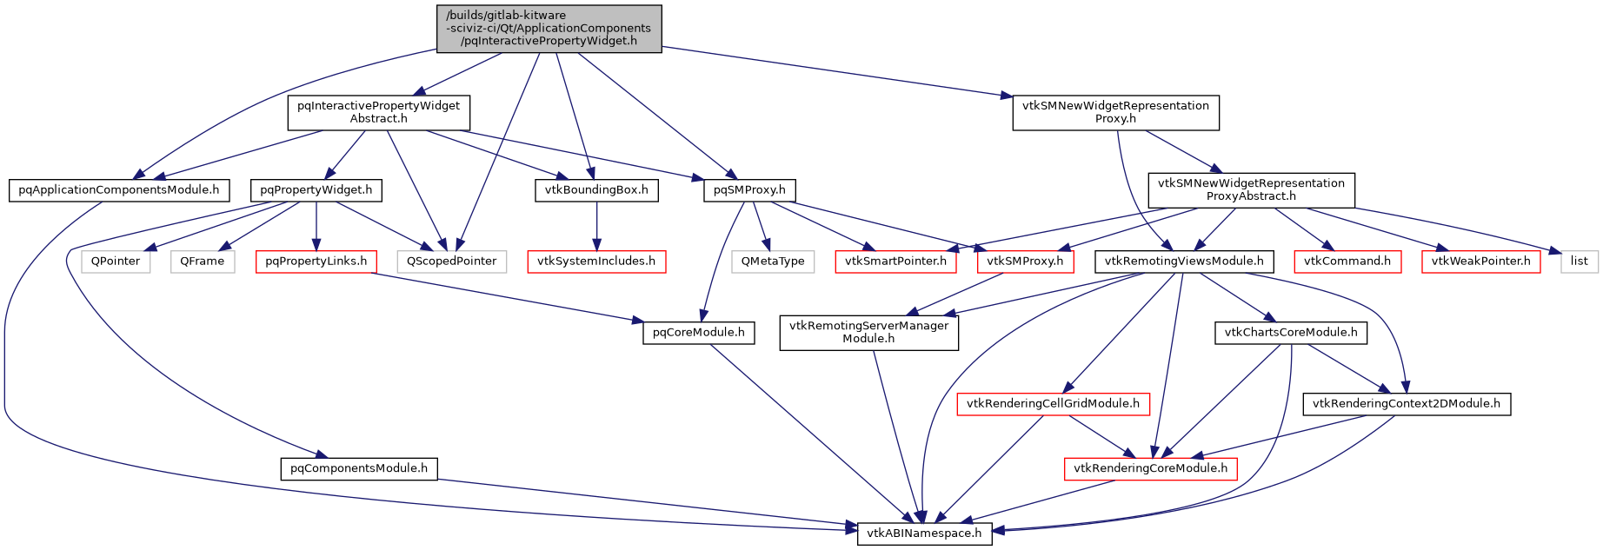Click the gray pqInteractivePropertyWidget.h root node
(x=549, y=28)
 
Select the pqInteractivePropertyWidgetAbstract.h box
(x=379, y=112)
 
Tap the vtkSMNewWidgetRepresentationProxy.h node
(x=1115, y=112)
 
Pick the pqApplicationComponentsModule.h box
(x=119, y=189)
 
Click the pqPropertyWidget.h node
(x=316, y=189)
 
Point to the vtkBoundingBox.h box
(x=595, y=189)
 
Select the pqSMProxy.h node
(x=748, y=189)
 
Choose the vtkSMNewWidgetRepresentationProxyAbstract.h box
(x=1251, y=189)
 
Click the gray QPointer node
(x=116, y=261)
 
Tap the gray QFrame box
(x=203, y=261)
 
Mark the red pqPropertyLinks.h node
(x=316, y=261)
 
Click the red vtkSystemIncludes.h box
(x=596, y=261)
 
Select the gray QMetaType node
(x=773, y=261)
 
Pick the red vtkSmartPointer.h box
(x=895, y=261)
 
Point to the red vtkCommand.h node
(x=1347, y=261)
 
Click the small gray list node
(x=1579, y=261)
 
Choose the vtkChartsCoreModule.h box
(x=1291, y=332)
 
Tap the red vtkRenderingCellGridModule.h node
(x=1053, y=403)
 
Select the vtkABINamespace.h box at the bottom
(x=925, y=533)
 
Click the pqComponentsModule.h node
(x=359, y=468)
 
